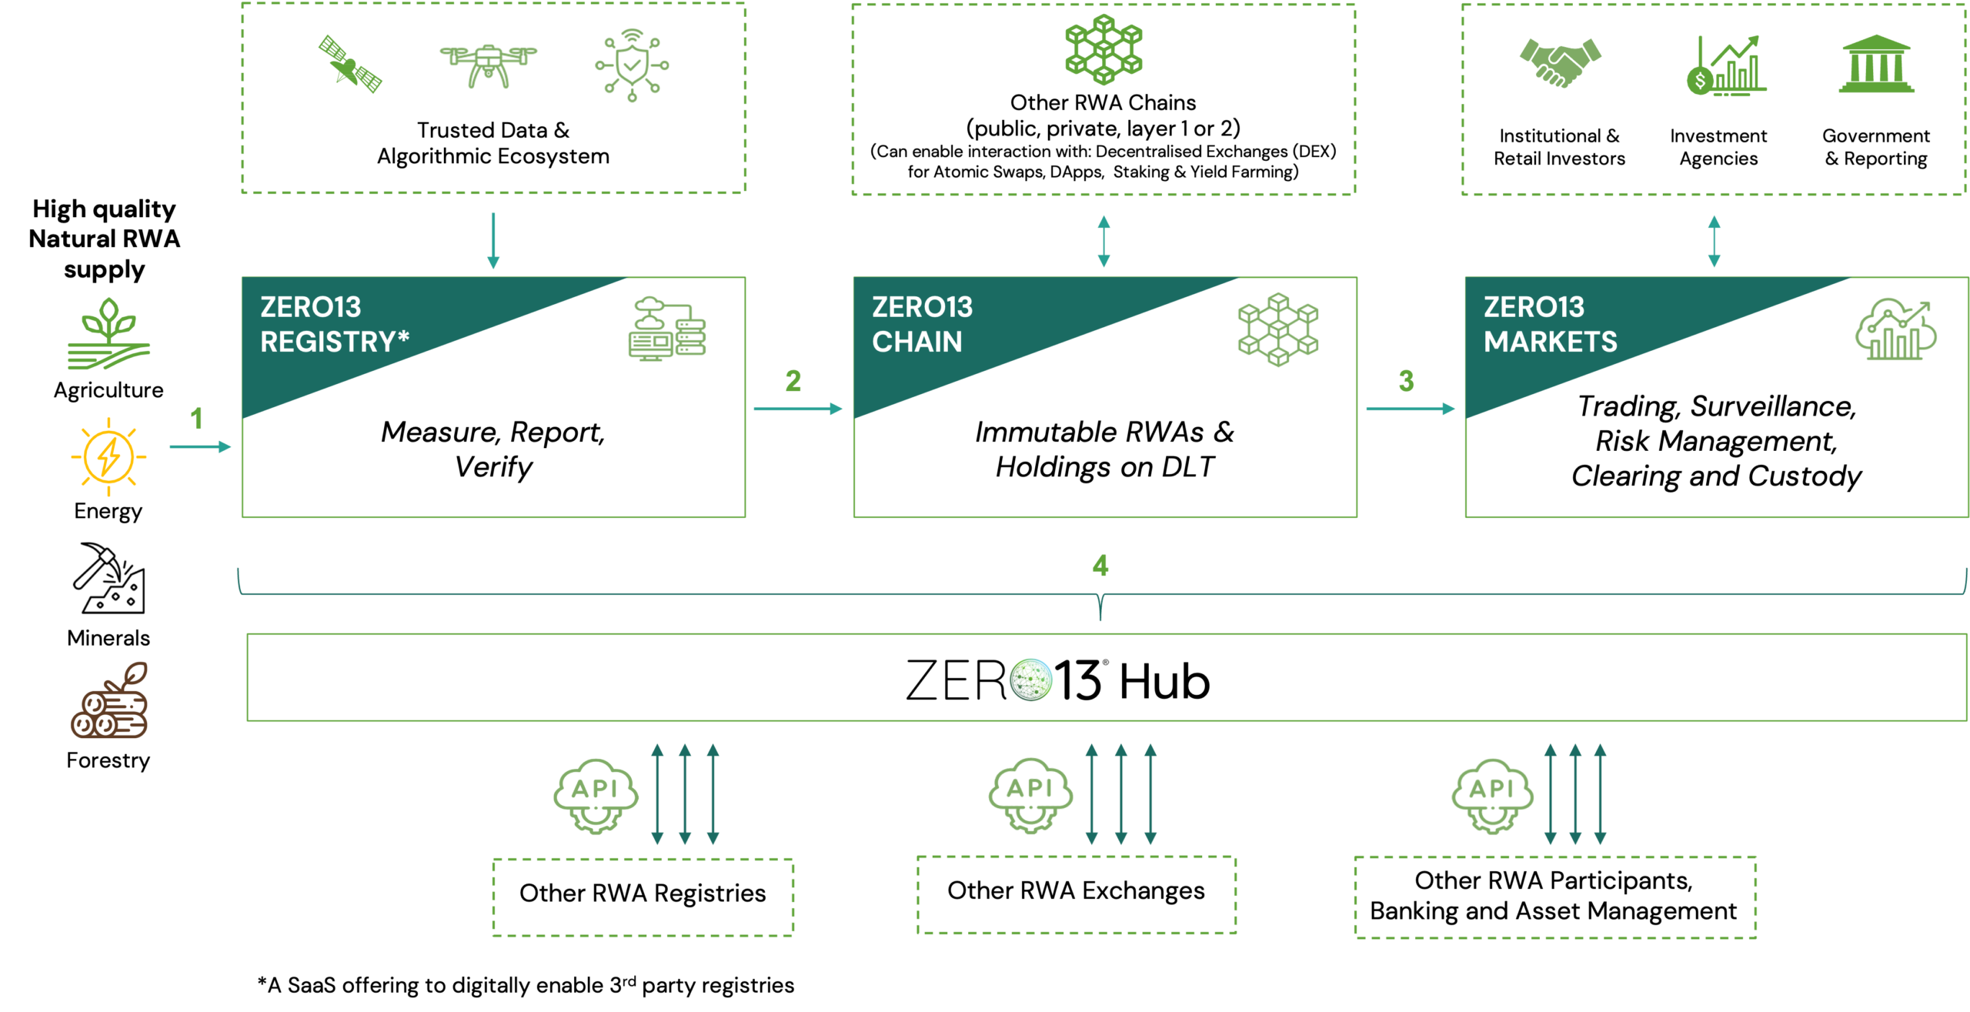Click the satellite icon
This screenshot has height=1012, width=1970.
click(x=351, y=64)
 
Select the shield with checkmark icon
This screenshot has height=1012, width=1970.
click(x=632, y=66)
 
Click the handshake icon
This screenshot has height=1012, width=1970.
click(x=1560, y=62)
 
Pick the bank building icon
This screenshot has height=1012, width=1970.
click(x=1876, y=65)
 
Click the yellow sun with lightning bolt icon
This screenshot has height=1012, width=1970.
click(x=109, y=457)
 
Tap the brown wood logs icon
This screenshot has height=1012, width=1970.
click(x=110, y=701)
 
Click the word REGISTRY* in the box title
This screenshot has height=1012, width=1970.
click(x=334, y=342)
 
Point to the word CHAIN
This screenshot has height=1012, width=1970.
click(x=917, y=342)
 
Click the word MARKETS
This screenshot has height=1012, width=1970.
click(x=1550, y=342)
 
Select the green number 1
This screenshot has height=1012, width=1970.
click(x=196, y=419)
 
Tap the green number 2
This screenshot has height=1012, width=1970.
click(x=793, y=381)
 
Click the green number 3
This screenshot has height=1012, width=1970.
click(x=1406, y=381)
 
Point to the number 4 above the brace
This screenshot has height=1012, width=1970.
click(x=1100, y=566)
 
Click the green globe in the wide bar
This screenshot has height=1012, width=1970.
click(x=1030, y=680)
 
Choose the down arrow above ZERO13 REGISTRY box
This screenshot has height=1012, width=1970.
click(x=493, y=241)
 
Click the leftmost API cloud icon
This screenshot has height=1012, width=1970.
click(x=595, y=796)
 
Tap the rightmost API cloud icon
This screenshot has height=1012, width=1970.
click(x=1491, y=796)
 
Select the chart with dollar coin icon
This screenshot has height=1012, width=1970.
click(x=1725, y=66)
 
